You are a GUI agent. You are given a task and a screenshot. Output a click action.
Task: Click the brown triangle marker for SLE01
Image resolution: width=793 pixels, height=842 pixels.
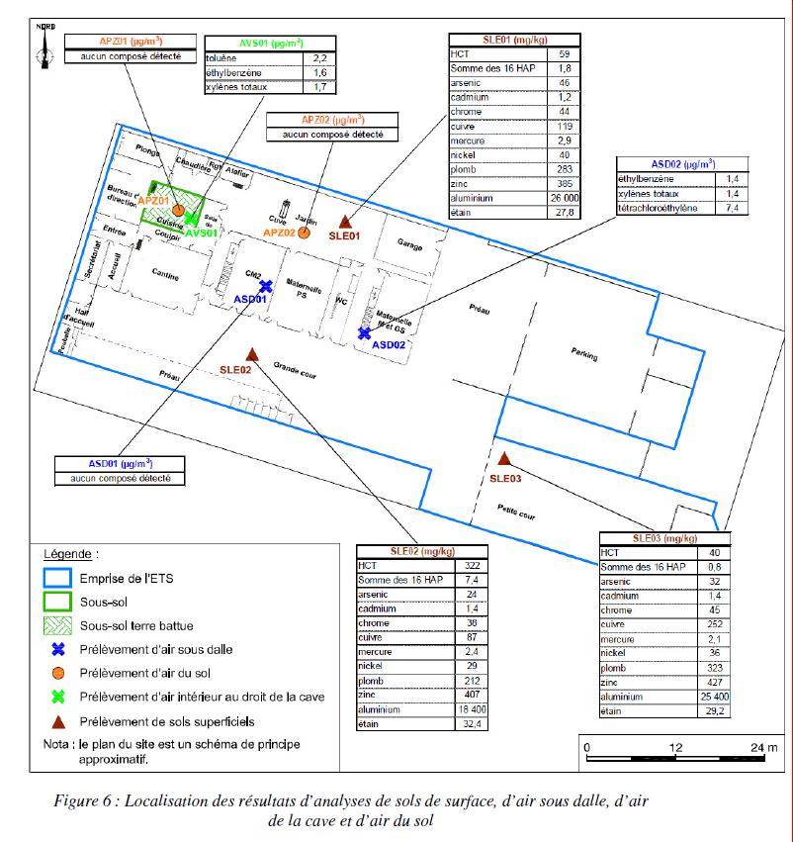[345, 221]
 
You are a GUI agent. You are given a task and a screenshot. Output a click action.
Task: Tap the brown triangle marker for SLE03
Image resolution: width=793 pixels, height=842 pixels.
[504, 459]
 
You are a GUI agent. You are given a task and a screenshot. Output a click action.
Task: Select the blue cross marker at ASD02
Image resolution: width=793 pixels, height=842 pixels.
[365, 332]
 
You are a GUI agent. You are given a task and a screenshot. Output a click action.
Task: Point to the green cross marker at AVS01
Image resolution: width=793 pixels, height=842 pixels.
[191, 219]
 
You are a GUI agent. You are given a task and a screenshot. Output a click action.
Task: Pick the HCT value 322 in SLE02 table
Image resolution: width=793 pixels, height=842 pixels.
[472, 565]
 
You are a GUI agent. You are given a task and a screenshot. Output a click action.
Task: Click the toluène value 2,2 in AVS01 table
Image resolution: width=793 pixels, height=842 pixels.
[319, 58]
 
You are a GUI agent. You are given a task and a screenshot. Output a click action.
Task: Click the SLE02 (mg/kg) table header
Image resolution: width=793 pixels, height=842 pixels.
[422, 551]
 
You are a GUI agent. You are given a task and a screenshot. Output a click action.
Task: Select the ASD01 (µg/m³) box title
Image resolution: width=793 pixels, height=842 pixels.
[121, 463]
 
